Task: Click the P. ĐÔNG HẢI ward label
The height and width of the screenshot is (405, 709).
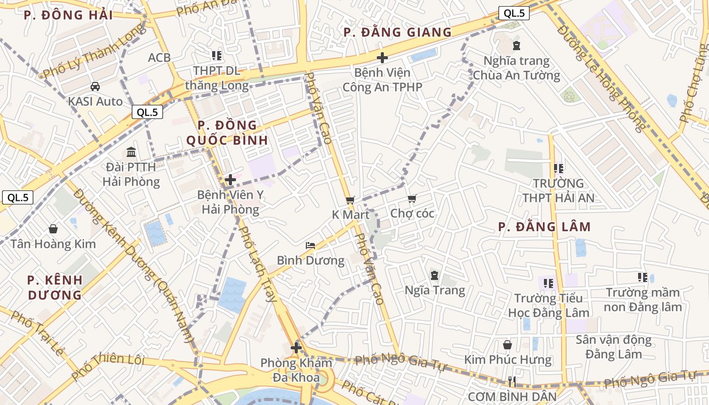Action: tap(68, 15)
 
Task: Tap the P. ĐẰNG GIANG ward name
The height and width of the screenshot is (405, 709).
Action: tap(398, 32)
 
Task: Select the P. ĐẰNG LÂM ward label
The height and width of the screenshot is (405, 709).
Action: tap(544, 227)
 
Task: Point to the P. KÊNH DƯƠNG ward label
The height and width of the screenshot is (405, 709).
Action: tap(55, 287)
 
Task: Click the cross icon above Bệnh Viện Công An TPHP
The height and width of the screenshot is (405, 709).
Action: tap(382, 58)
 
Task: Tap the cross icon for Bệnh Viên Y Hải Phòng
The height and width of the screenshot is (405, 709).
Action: tap(230, 180)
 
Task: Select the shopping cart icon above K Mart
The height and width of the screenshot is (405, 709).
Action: tap(350, 200)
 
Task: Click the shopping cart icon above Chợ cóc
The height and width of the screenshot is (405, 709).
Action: tap(412, 199)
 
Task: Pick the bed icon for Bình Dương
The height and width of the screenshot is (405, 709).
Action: tap(310, 246)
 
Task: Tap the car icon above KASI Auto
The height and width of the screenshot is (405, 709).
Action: tap(95, 87)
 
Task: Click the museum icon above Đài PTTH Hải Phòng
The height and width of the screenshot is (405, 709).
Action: tap(132, 152)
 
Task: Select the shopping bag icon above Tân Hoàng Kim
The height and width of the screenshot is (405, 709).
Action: tap(53, 229)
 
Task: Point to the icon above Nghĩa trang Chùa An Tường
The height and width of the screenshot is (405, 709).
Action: tap(517, 46)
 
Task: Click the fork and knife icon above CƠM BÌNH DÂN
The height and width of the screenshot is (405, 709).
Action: tap(512, 381)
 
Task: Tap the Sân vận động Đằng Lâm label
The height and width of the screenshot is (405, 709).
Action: tap(613, 347)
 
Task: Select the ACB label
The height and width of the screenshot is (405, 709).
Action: tap(160, 58)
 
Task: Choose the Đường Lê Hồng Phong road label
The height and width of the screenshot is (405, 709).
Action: tap(601, 78)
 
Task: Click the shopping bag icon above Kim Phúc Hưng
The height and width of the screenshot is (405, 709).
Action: tap(507, 345)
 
